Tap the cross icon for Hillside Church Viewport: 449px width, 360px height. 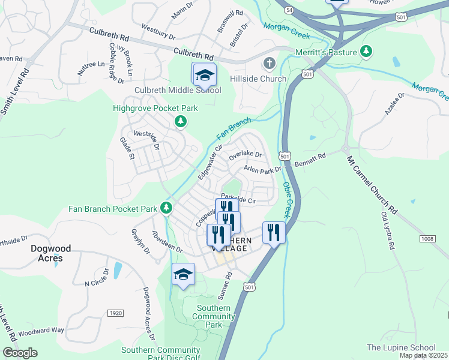click(270, 63)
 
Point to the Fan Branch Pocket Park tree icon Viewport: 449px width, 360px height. click(166, 209)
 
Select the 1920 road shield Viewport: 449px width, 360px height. click(115, 313)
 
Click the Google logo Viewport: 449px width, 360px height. click(20, 353)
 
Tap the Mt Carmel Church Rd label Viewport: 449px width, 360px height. click(373, 186)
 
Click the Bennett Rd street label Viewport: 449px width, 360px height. click(310, 160)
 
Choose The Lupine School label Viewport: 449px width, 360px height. click(400, 347)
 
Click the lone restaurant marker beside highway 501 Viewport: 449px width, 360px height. click(273, 232)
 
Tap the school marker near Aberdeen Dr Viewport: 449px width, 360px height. click(183, 275)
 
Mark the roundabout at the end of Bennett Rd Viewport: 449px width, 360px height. click(346, 149)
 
